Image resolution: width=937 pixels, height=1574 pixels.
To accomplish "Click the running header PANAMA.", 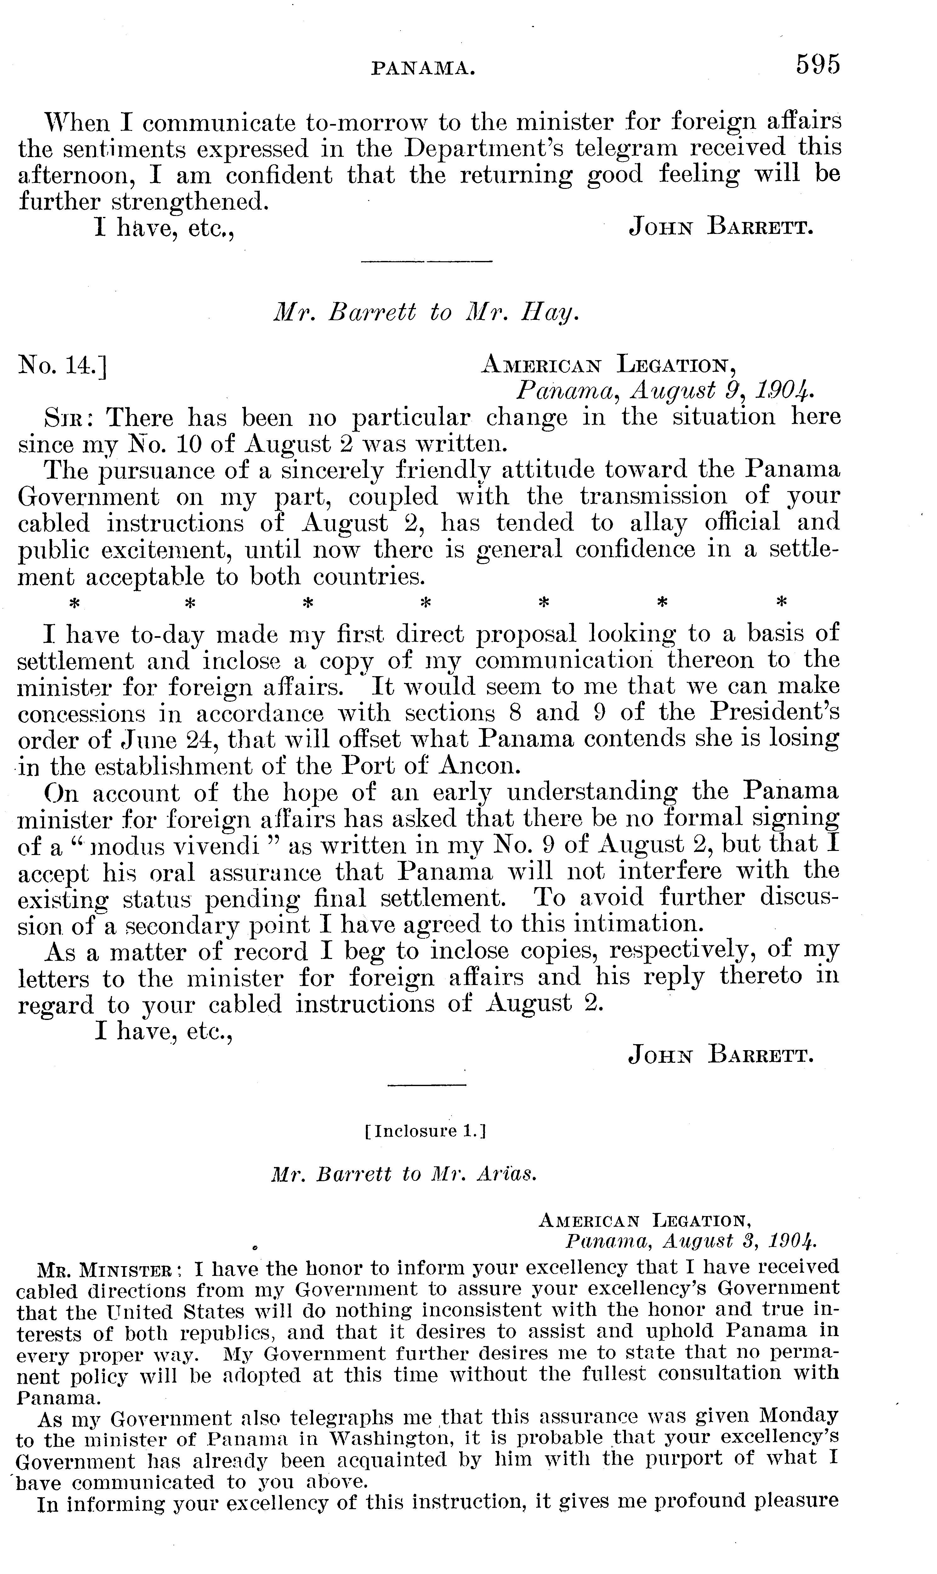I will click(x=423, y=68).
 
